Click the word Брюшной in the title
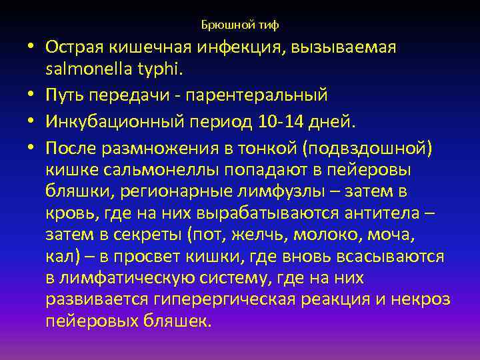(x=224, y=25)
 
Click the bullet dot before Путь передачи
(x=32, y=95)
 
